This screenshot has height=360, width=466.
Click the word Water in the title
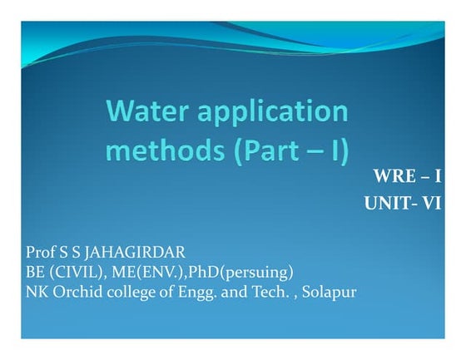point(151,113)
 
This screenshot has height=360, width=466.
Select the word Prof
point(41,252)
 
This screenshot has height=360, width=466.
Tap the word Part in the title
point(278,152)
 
